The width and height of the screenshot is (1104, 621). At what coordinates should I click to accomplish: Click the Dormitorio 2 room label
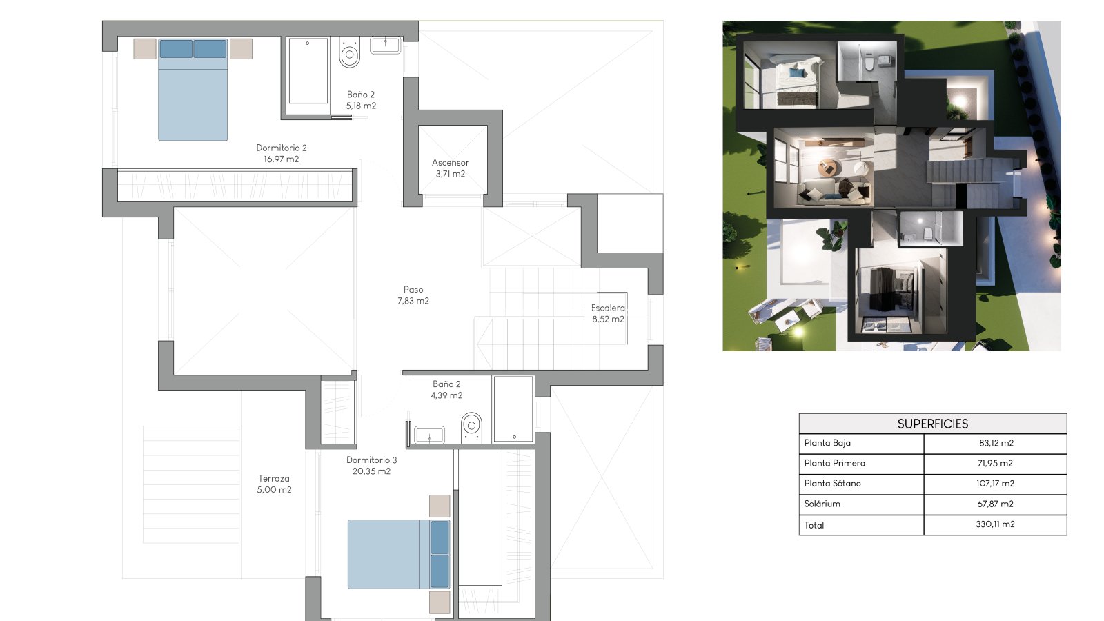pyautogui.click(x=282, y=153)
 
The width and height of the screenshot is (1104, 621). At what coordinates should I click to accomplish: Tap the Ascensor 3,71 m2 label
pyautogui.click(x=451, y=168)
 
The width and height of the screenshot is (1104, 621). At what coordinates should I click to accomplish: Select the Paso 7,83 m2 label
pyautogui.click(x=413, y=295)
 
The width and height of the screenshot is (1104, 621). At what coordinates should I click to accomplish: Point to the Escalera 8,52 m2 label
pyautogui.click(x=608, y=313)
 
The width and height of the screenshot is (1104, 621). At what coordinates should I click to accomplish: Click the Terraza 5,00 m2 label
pyautogui.click(x=274, y=484)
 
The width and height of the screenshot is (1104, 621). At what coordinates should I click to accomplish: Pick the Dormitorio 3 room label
pyautogui.click(x=372, y=465)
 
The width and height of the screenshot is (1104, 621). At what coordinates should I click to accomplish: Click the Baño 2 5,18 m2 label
pyautogui.click(x=361, y=100)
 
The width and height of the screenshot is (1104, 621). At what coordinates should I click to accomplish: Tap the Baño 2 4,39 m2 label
pyautogui.click(x=446, y=389)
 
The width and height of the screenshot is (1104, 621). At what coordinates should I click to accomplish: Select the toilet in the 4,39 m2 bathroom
pyautogui.click(x=472, y=427)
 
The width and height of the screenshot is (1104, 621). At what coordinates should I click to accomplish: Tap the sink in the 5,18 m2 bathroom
pyautogui.click(x=386, y=45)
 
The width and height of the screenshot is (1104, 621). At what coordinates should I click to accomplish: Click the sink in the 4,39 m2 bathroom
pyautogui.click(x=429, y=435)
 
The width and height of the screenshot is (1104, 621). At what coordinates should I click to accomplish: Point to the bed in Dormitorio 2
pyautogui.click(x=193, y=90)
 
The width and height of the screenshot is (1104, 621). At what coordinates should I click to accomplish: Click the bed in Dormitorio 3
pyautogui.click(x=399, y=554)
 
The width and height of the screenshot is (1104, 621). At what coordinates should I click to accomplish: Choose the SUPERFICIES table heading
pyautogui.click(x=932, y=424)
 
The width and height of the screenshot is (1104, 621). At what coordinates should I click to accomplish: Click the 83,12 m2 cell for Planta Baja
pyautogui.click(x=996, y=443)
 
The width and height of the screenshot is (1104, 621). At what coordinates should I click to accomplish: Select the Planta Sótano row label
pyautogui.click(x=832, y=484)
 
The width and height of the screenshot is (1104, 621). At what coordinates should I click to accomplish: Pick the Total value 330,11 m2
pyautogui.click(x=995, y=524)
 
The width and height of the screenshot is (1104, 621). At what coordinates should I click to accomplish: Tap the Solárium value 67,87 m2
pyautogui.click(x=995, y=504)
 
